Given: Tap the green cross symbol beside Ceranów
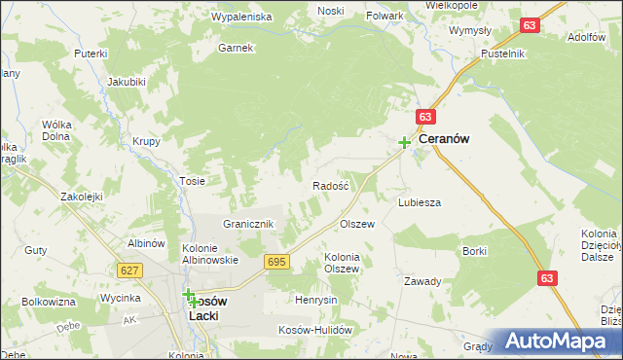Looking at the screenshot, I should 404,143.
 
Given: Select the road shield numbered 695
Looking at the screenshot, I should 276,262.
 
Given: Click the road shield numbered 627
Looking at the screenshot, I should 129,270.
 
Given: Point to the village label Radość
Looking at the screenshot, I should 330,186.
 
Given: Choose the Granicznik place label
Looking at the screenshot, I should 251,224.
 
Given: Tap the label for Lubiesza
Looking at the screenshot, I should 420,202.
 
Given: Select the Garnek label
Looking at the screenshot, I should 236,47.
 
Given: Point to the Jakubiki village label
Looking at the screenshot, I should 128,82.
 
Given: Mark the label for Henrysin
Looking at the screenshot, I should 316,300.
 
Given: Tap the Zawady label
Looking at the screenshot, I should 423,281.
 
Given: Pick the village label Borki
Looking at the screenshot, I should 475,251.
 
